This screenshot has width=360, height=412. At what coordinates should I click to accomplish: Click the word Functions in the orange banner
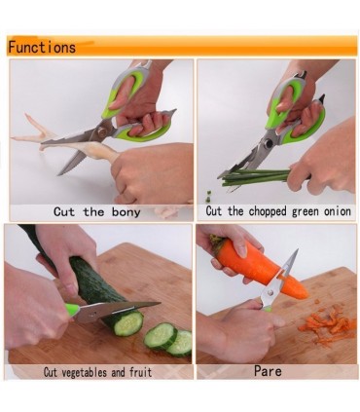coord(42,47)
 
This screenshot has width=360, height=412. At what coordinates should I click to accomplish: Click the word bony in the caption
coord(126,212)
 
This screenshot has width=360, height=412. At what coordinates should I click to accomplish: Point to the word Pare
coord(268,371)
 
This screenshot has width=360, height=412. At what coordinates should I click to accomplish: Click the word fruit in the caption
coord(140,372)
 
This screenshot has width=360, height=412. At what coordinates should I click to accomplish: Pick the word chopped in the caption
coord(268,212)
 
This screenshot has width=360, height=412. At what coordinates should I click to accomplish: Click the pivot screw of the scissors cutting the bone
coord(101,131)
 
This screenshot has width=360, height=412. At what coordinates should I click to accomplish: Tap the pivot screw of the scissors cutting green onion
coord(269,143)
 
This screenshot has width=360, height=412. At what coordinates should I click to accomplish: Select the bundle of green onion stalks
coord(256,177)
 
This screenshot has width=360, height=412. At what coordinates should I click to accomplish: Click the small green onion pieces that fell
coord(209,196)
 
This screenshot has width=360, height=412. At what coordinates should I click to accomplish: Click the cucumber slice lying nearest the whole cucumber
coord(161,336)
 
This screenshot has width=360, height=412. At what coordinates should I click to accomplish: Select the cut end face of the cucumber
coord(128,323)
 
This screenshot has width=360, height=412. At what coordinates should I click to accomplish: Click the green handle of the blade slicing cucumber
coord(72,310)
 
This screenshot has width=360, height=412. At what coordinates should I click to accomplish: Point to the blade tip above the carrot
coord(297,251)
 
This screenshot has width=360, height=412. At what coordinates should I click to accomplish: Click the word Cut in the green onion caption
coord(213,211)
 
